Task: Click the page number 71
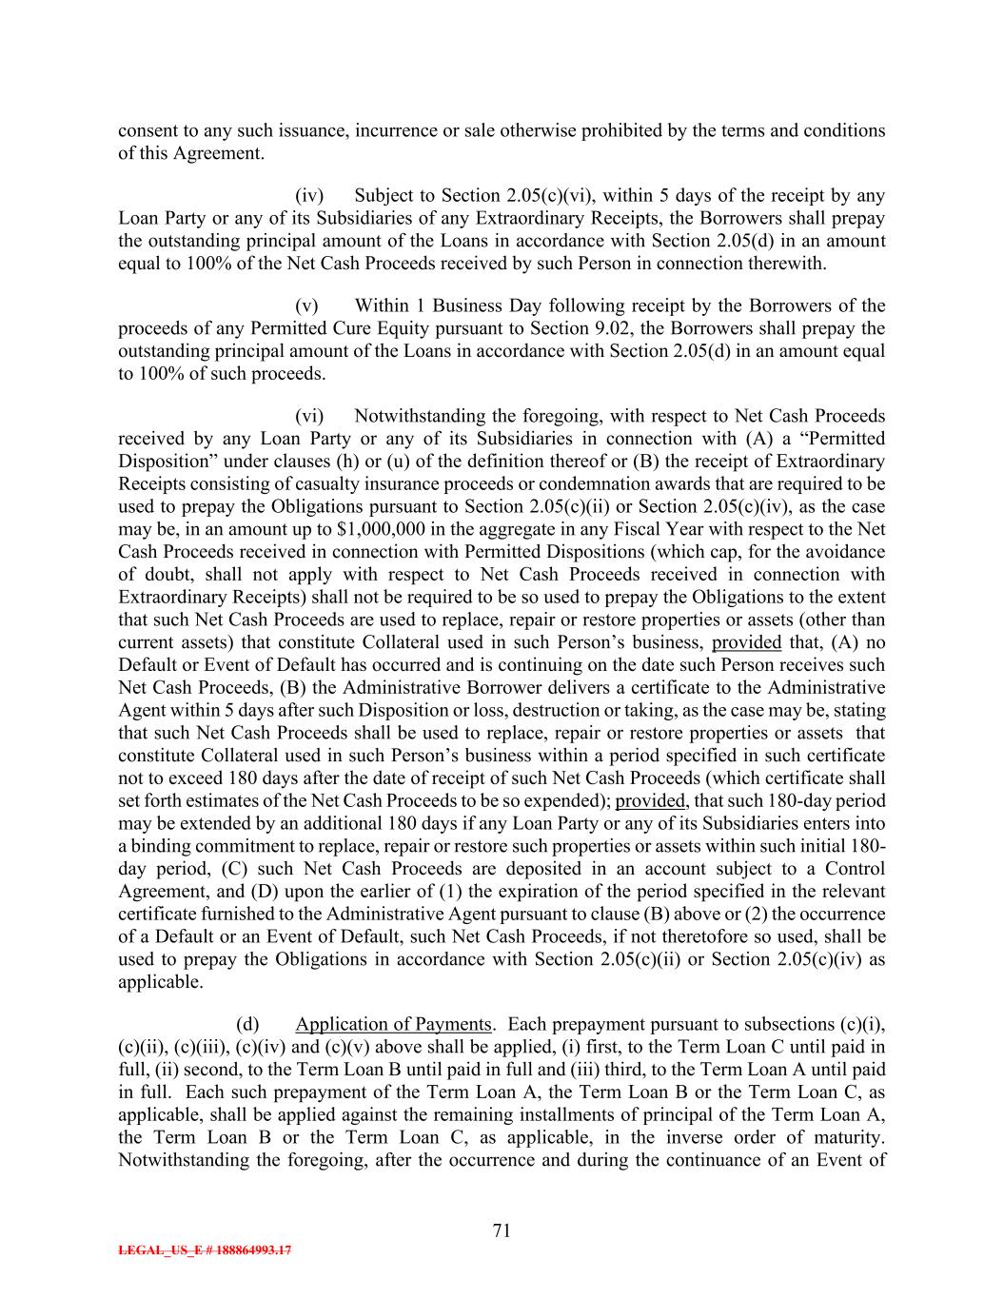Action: [x=502, y=1230]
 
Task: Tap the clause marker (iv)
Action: [x=309, y=196]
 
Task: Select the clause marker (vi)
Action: [x=309, y=416]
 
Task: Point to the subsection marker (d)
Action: [x=247, y=1024]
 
